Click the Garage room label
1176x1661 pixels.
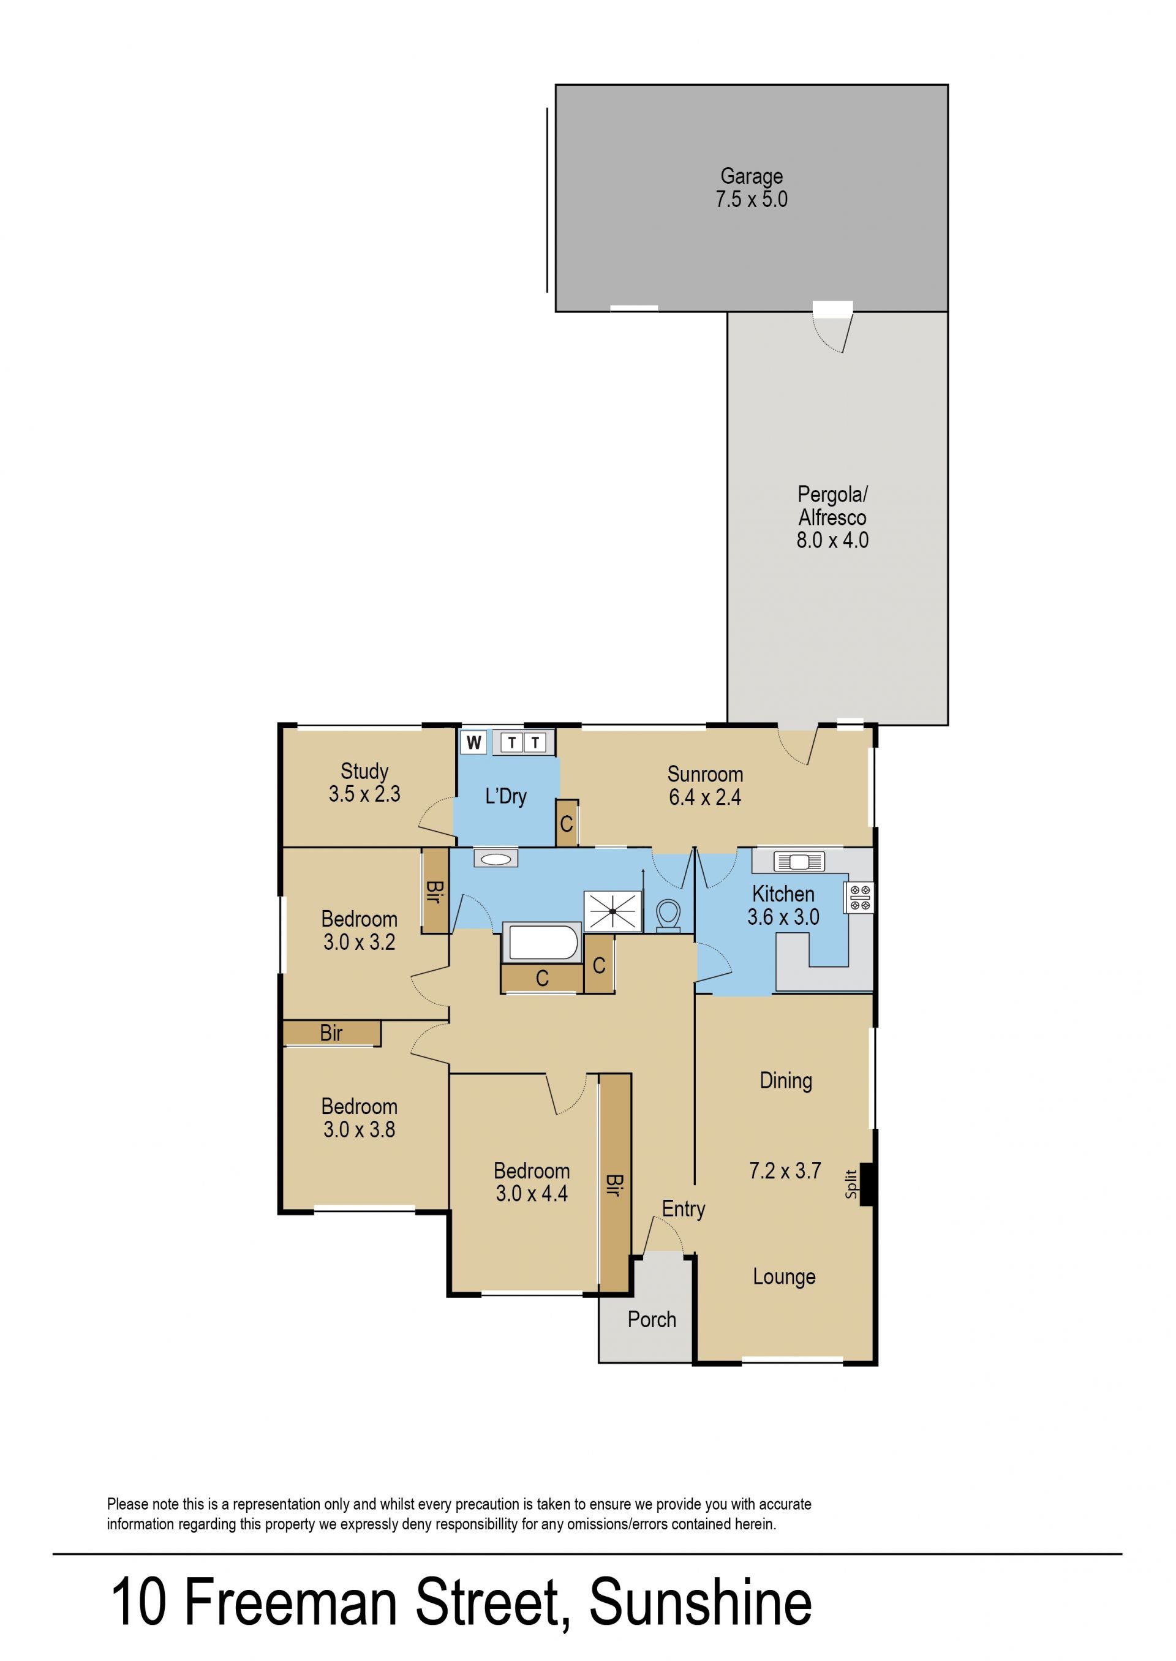752,176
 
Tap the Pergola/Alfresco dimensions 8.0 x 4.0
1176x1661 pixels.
833,540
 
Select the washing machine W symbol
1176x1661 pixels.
473,742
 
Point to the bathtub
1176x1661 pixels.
543,943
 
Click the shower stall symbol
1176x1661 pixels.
612,910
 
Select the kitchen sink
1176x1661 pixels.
799,862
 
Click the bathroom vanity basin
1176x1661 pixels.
496,859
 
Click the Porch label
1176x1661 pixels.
652,1320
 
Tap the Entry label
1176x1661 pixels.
684,1208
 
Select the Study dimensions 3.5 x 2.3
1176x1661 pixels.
364,794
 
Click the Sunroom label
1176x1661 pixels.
706,774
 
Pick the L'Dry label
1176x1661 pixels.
505,796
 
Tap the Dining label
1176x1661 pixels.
786,1082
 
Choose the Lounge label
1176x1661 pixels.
784,1276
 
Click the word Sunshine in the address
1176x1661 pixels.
700,1603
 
